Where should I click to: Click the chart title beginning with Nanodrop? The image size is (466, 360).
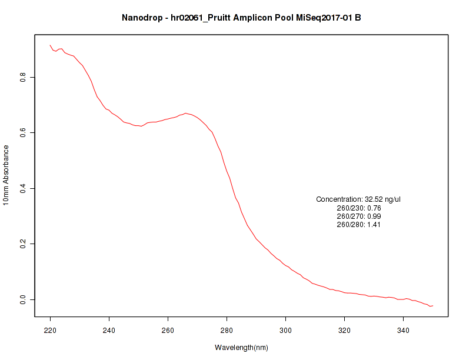point(241,17)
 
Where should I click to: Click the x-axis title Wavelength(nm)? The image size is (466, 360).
point(241,348)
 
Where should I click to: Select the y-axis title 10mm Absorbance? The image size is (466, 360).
point(6,175)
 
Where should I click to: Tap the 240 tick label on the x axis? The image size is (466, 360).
point(109,331)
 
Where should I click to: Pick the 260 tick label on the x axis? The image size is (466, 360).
point(168,331)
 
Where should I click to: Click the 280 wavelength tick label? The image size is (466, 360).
point(227,331)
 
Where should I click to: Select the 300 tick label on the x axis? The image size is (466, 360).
point(286,331)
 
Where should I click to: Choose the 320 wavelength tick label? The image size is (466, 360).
point(345,331)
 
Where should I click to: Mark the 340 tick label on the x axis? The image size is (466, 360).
point(404,331)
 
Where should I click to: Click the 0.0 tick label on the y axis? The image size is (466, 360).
point(23,299)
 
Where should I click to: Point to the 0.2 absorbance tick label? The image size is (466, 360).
point(23,244)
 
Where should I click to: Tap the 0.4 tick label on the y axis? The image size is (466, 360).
point(23,188)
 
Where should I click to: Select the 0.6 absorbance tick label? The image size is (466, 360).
point(23,133)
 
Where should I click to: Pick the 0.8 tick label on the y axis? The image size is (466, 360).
point(23,77)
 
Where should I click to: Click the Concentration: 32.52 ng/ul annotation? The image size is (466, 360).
point(358,199)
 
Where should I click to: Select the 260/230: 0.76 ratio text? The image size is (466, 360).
point(359,208)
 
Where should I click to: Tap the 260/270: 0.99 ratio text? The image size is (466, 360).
point(359,216)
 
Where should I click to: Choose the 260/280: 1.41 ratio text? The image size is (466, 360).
point(359,224)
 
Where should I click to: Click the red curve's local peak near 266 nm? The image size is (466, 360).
point(185,113)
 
